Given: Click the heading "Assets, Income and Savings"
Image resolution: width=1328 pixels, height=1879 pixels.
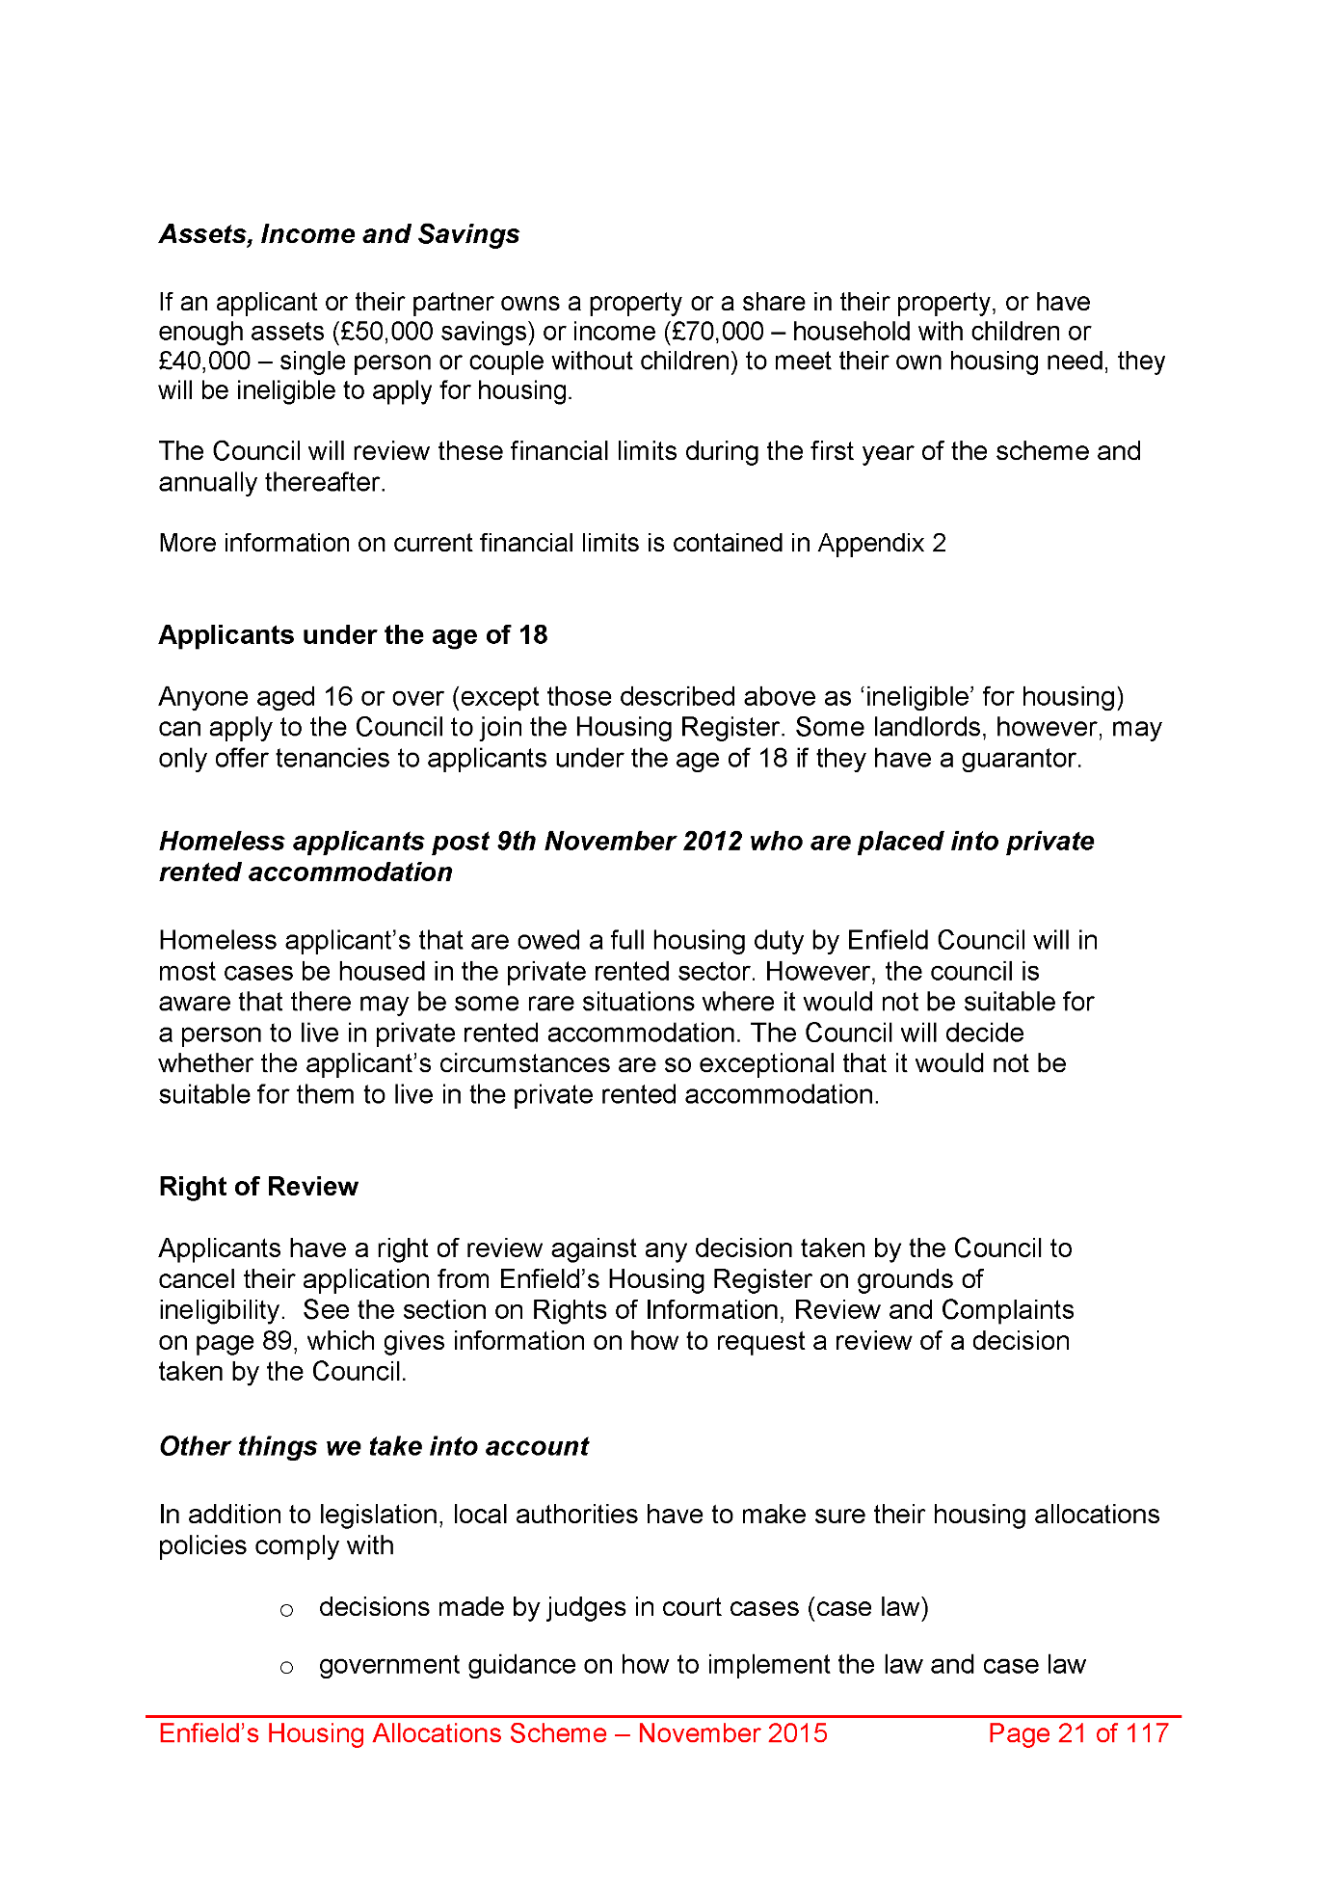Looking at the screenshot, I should click(x=339, y=234).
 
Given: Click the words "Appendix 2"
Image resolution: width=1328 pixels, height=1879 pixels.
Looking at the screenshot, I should click(x=882, y=543).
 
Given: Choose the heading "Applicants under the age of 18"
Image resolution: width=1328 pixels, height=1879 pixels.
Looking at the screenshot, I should click(x=353, y=635).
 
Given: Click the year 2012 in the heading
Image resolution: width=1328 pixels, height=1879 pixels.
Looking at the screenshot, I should click(x=712, y=842).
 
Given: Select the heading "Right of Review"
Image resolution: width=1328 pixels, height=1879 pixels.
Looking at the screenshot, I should click(x=258, y=1187).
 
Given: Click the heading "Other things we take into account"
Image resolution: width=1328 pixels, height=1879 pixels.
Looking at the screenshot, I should click(x=374, y=1446).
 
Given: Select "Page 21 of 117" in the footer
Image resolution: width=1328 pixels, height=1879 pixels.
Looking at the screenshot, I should click(x=1077, y=1733).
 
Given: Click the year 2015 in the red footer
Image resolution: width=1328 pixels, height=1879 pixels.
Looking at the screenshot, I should click(x=796, y=1733).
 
